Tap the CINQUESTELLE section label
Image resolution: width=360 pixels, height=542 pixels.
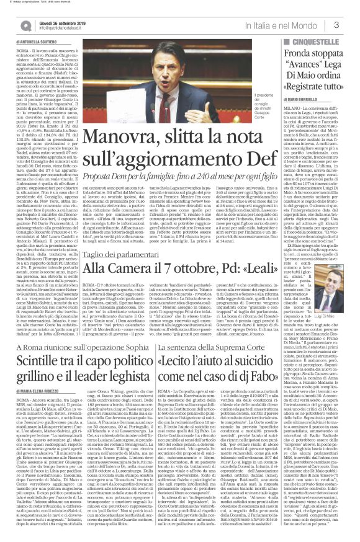[x=323, y=41]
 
